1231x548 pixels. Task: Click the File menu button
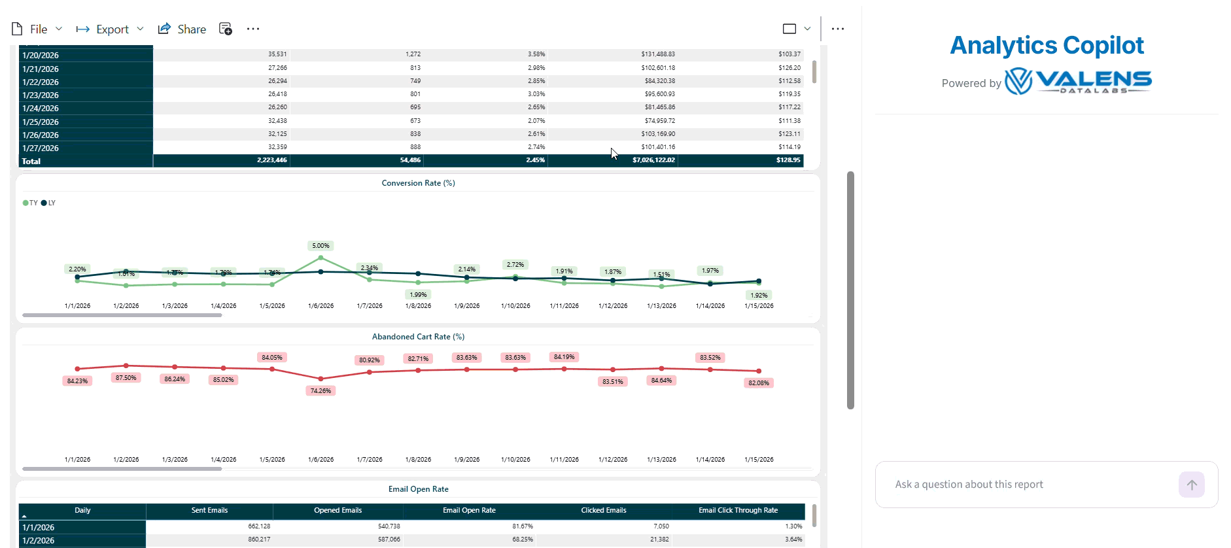(x=37, y=29)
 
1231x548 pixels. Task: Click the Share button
(x=182, y=29)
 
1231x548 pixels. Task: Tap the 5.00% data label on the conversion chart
(x=321, y=246)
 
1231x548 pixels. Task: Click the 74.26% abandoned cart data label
(x=321, y=391)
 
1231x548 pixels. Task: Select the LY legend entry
(x=48, y=203)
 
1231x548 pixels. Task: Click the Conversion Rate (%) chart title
(x=418, y=183)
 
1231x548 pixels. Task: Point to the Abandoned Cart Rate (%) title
(x=418, y=337)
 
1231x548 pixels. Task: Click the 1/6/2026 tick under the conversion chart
(x=321, y=306)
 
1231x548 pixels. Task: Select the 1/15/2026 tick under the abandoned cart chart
(x=759, y=460)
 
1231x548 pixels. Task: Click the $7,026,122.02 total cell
(x=653, y=160)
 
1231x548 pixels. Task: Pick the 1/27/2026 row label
(x=41, y=148)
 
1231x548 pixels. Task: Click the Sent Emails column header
(x=209, y=511)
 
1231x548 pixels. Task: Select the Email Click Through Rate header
(x=738, y=511)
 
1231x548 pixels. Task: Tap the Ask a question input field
(x=1027, y=485)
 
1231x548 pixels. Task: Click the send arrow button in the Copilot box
(x=1191, y=485)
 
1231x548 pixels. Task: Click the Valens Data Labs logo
(x=1078, y=82)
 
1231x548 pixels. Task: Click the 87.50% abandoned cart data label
(x=126, y=378)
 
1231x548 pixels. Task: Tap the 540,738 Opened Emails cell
(x=389, y=526)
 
